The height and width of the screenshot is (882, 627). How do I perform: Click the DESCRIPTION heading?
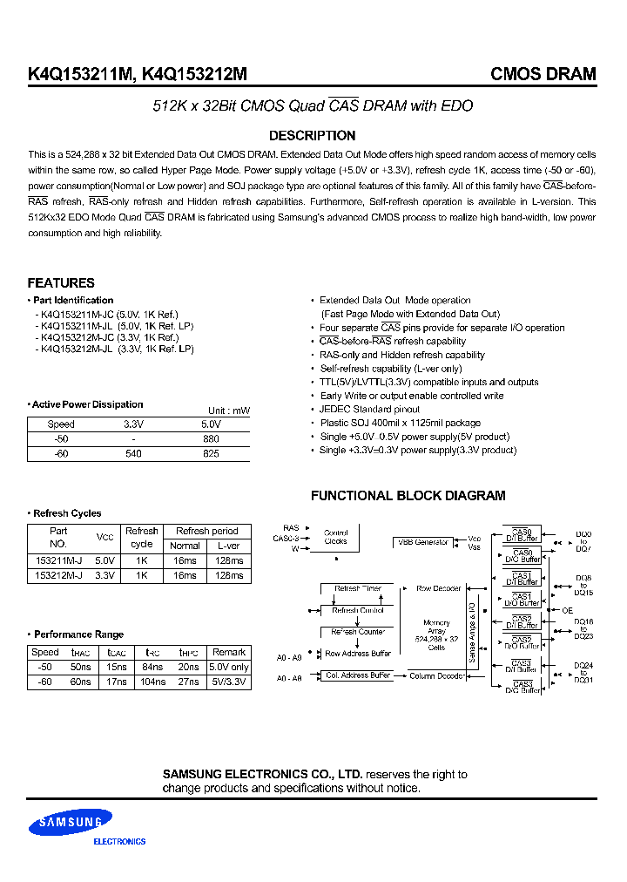pyautogui.click(x=312, y=136)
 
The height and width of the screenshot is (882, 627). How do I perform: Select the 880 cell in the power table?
pyautogui.click(x=210, y=439)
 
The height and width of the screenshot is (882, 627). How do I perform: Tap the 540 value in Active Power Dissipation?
pyautogui.click(x=133, y=454)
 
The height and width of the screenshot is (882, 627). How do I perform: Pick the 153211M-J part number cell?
pyautogui.click(x=58, y=560)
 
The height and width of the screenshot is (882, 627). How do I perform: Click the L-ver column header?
pyautogui.click(x=229, y=546)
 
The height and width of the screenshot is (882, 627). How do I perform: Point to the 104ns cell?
pyautogui.click(x=152, y=682)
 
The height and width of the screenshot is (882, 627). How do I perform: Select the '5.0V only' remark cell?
pyautogui.click(x=229, y=668)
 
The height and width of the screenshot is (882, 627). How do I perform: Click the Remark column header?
pyautogui.click(x=229, y=652)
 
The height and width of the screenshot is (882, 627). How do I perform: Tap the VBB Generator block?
pyautogui.click(x=423, y=542)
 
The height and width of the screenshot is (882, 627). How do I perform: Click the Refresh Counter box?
pyautogui.click(x=358, y=632)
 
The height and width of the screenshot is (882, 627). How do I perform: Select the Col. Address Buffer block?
pyautogui.click(x=358, y=675)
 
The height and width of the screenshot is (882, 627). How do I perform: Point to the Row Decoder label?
pyautogui.click(x=438, y=589)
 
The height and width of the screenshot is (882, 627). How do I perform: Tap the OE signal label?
pyautogui.click(x=568, y=610)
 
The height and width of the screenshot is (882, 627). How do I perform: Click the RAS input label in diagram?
pyautogui.click(x=291, y=528)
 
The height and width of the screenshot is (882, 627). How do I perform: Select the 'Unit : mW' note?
pyautogui.click(x=229, y=410)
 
